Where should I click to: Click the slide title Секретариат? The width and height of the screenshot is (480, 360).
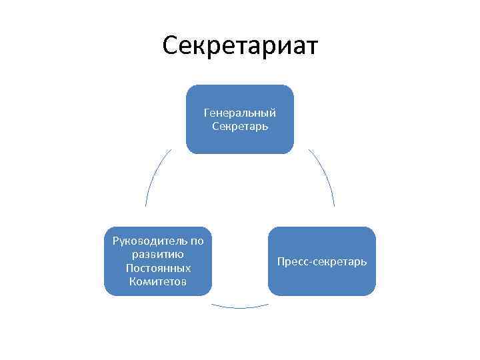(240, 46)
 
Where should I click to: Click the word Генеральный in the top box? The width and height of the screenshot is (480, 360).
(239, 113)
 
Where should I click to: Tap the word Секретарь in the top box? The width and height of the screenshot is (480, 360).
(239, 125)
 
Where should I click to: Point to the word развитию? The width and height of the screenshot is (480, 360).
(158, 254)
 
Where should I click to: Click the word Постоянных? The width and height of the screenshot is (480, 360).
(158, 268)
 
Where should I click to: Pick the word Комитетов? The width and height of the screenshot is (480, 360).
(158, 281)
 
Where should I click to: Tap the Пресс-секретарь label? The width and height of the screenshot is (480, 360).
(321, 261)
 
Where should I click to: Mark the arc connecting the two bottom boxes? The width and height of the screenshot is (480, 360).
(240, 307)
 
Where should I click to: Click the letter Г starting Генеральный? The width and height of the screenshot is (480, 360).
(207, 113)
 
